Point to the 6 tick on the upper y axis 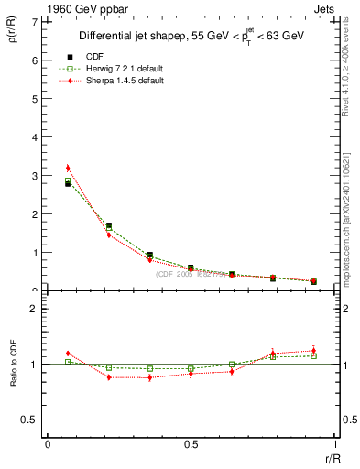(x=38, y=60)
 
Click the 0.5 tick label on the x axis (x=191, y=444)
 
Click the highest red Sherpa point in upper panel (x=68, y=168)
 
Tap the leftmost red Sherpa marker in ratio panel (x=68, y=354)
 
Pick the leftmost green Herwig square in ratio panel (x=68, y=362)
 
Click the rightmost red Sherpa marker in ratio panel (x=313, y=351)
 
